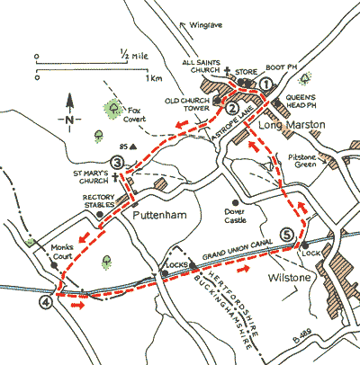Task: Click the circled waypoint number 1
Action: coord(265,84)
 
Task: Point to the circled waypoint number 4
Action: coord(46,302)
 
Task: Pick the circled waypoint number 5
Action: coord(287,235)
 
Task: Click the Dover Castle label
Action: coord(235,216)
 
